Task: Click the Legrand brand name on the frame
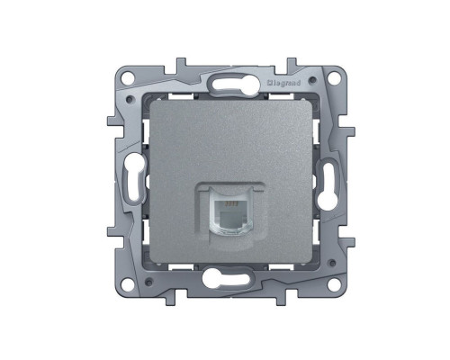point(283,83)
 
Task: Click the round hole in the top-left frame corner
point(128,77)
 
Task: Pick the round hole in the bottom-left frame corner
point(128,283)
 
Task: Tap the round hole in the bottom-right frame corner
point(333,283)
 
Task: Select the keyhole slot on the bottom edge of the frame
point(226,277)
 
